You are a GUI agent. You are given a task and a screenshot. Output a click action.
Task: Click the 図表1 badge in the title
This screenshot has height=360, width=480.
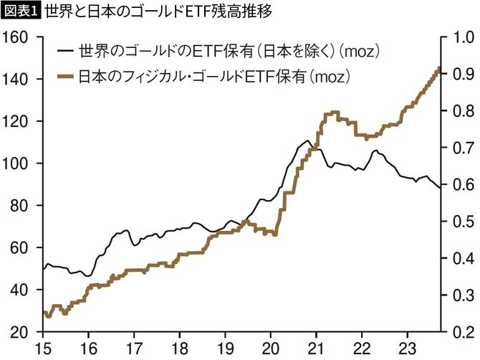coord(20,11)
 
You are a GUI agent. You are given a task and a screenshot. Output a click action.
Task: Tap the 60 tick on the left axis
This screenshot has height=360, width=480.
coord(18,247)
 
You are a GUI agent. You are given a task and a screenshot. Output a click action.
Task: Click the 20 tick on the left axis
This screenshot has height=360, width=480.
coord(18,332)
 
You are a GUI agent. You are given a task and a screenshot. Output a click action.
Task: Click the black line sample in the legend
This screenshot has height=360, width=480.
coord(65,51)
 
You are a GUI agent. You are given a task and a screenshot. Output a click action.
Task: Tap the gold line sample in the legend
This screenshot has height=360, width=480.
coord(65,74)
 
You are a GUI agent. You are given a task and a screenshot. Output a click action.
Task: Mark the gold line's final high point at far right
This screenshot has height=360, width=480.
coord(439,68)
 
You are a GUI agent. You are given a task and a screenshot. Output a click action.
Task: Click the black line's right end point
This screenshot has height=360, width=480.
coord(439,188)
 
